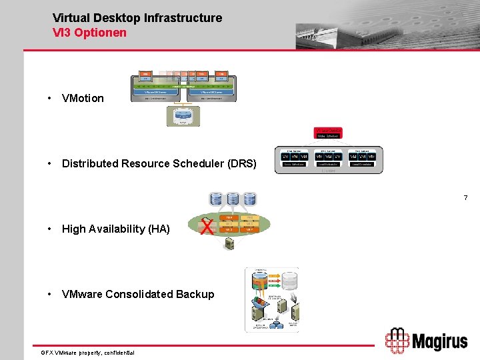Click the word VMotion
[x=83, y=98]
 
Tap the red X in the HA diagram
[x=207, y=228]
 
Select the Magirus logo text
[x=439, y=342]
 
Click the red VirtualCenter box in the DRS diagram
[x=327, y=133]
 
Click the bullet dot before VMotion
[x=49, y=98]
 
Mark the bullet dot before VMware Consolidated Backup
[x=49, y=294]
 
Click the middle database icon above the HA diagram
[x=233, y=199]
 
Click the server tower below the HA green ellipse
[x=229, y=244]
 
